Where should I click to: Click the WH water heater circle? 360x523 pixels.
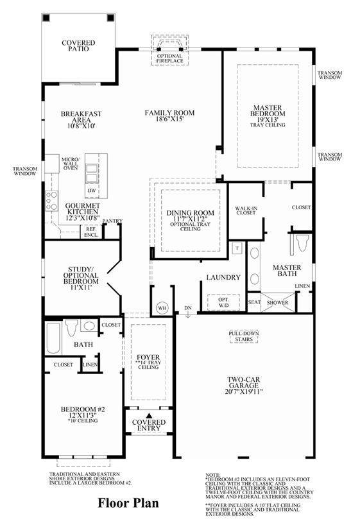click(x=162, y=308)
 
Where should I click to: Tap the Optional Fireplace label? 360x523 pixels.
click(x=170, y=58)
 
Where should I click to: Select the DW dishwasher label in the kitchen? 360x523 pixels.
click(x=92, y=191)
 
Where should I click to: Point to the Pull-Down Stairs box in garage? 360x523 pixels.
click(x=244, y=336)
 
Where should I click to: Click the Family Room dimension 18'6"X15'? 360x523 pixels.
click(x=169, y=119)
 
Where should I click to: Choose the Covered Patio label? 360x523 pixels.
click(x=78, y=46)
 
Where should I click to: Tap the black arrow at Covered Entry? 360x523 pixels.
click(x=149, y=416)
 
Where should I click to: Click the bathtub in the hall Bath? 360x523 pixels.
click(x=53, y=338)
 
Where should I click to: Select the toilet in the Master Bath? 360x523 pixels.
click(x=303, y=243)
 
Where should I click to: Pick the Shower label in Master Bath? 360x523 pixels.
click(x=278, y=303)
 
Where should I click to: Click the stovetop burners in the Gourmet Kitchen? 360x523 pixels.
click(x=51, y=201)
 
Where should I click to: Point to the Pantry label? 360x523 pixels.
click(x=112, y=221)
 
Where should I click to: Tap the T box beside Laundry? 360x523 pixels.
click(x=237, y=248)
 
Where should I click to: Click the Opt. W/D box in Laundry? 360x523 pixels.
click(x=223, y=302)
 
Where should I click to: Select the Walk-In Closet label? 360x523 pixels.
click(x=246, y=210)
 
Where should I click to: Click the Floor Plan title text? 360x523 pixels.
click(x=128, y=503)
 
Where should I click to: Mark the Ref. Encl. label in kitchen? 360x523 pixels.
click(x=91, y=232)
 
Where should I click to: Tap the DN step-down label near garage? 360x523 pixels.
click(x=188, y=308)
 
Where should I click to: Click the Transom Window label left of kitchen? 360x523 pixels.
click(x=25, y=171)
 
